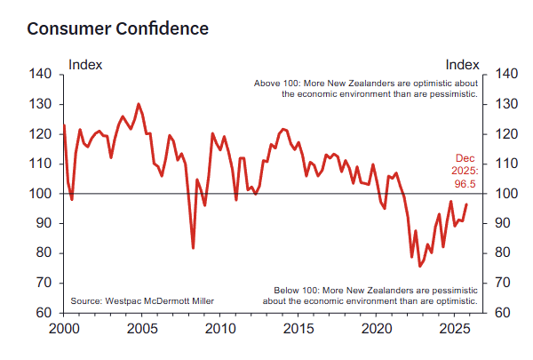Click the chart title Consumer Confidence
tap(118, 28)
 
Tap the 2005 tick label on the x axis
tap(142, 330)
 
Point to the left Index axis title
tap(85, 64)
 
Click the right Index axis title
tap(462, 64)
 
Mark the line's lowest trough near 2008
tap(193, 248)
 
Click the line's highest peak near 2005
tap(138, 104)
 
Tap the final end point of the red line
tap(467, 204)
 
